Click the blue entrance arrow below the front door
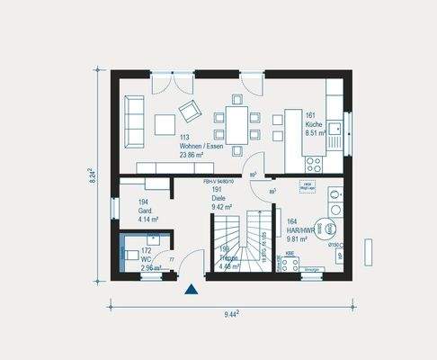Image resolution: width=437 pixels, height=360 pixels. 191,290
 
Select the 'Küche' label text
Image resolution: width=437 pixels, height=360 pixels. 314,124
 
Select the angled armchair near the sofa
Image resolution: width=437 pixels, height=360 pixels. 190,111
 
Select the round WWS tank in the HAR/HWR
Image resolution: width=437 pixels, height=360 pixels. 329,228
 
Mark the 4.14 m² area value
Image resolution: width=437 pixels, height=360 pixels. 148,219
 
